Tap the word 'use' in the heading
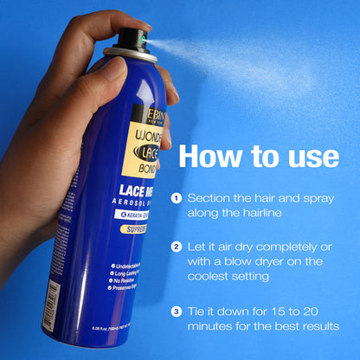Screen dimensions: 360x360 coord(308,157)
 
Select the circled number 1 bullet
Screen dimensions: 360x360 coord(177,197)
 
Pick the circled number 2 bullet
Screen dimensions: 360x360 coord(177,247)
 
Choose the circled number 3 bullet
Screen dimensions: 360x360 coord(177,310)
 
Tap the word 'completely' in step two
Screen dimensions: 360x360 coord(279,247)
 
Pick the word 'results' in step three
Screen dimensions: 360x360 coord(317,325)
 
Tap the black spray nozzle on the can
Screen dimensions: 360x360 coord(131,39)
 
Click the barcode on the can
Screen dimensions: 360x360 coord(53,305)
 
